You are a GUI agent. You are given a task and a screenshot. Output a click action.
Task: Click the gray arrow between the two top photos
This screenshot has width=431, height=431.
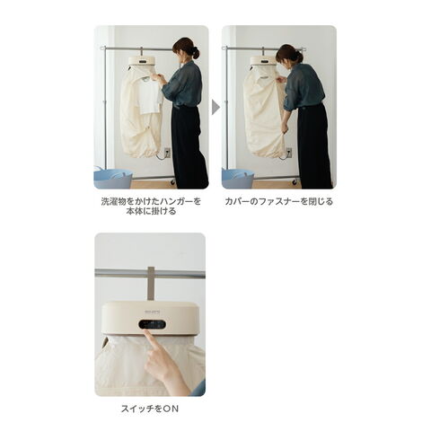(215, 107)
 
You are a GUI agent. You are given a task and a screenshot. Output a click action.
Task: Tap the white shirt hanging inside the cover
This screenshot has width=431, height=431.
(149, 95)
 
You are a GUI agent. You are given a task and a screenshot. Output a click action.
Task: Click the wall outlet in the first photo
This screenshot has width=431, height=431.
(167, 153)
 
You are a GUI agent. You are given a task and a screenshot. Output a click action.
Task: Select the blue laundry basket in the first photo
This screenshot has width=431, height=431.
(113, 179)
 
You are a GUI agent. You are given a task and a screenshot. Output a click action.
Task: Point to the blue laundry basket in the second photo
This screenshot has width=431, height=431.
(238, 179)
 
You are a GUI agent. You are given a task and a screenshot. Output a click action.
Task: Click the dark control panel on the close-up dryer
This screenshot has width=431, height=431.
(152, 324)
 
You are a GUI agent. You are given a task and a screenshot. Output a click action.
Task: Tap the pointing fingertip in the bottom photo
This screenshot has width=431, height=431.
(145, 331)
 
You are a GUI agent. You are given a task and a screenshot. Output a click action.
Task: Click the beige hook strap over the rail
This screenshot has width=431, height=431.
(151, 284)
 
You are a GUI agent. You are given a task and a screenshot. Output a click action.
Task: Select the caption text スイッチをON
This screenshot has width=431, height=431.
(150, 409)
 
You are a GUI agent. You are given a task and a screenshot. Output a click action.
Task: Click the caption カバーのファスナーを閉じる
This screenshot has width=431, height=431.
(279, 201)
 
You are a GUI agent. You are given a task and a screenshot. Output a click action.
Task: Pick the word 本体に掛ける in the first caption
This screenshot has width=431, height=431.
(151, 211)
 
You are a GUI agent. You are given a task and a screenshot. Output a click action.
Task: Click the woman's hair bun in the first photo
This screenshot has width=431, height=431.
(196, 53)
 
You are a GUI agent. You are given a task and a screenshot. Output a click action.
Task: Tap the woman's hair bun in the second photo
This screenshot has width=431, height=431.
(299, 57)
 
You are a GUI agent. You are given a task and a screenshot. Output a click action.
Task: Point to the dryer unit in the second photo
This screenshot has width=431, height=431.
(264, 61)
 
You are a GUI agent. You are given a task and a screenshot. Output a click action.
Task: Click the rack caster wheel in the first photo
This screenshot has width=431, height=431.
(172, 181)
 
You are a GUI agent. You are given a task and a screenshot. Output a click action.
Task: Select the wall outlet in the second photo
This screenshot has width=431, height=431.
(289, 153)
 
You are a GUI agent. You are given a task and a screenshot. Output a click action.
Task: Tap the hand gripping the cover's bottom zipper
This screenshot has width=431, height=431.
(285, 129)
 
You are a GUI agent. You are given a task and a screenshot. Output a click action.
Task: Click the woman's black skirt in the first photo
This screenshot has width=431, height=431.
(189, 146)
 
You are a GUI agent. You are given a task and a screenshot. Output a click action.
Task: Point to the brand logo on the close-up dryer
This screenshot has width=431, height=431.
(153, 312)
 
